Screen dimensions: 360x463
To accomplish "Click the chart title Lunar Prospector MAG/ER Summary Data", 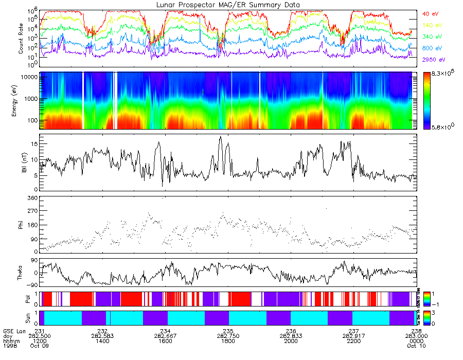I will [228, 5].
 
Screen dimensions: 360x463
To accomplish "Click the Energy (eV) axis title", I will [21, 100].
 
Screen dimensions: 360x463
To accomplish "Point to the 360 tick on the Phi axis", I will [32, 198].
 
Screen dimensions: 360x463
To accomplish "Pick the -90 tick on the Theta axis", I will [31, 284].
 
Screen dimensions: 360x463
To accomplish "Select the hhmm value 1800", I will [228, 341].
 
